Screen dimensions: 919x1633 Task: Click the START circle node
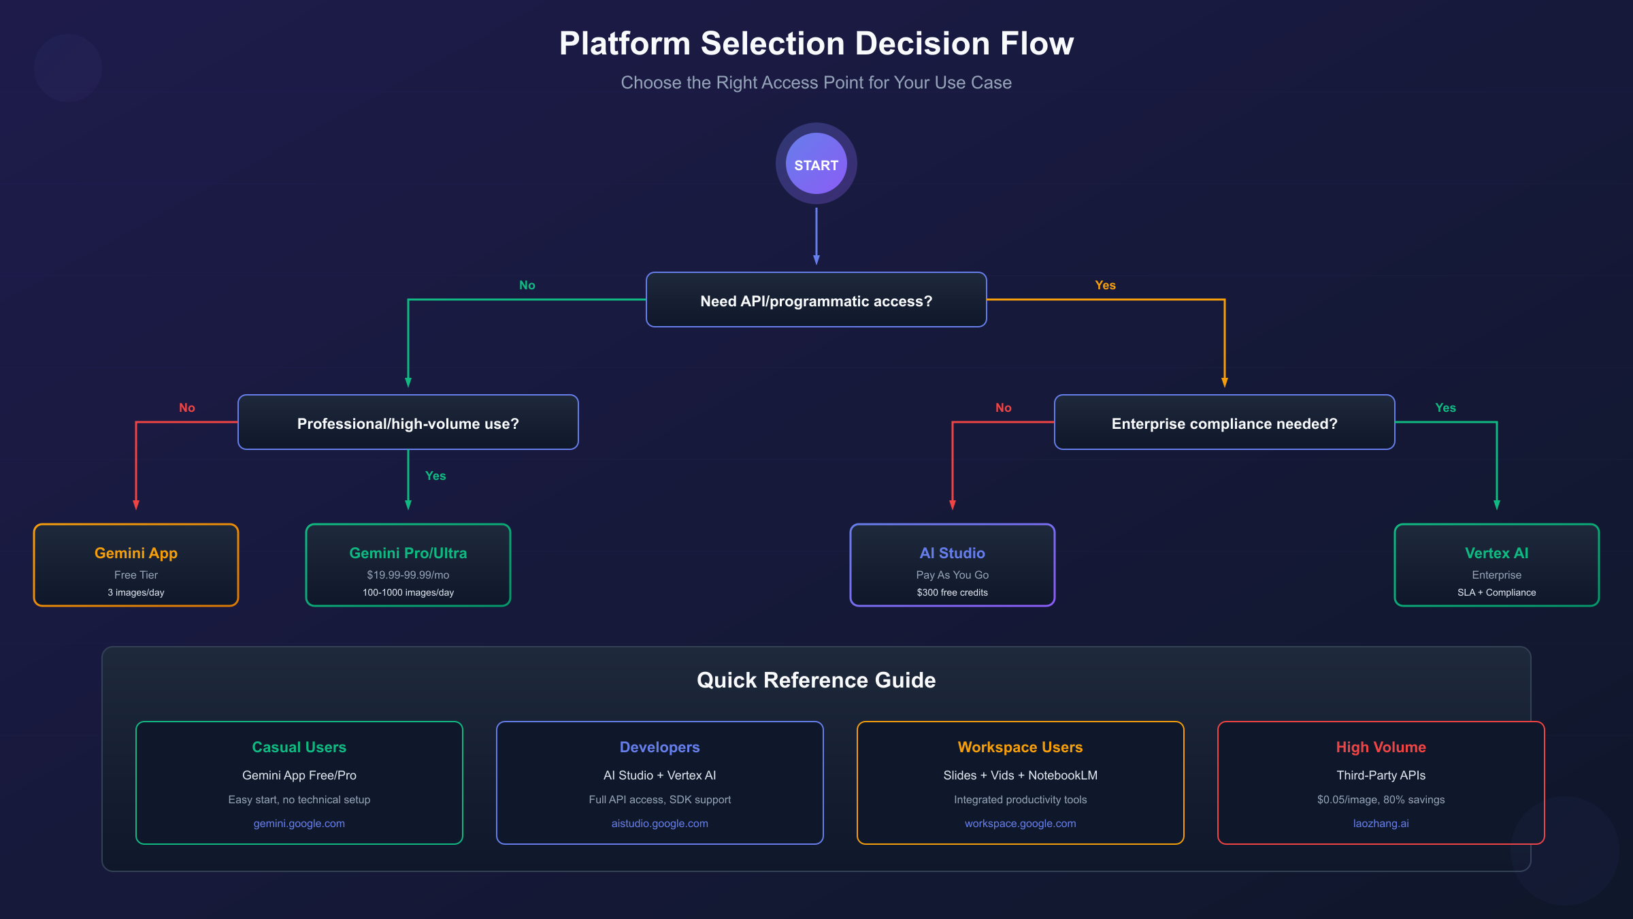816,164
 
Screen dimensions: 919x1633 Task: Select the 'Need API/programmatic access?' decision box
816,300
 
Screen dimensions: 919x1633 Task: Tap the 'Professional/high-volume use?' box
408,423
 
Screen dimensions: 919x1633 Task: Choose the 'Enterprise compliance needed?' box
1224,423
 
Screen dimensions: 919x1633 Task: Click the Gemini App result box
135,564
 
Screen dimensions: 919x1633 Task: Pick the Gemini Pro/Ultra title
408,553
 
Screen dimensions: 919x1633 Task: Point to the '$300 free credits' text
952,592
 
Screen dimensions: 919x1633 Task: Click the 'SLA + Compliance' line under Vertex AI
1496,592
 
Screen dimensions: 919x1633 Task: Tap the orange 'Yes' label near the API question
1105,285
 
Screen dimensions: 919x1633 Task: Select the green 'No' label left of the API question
527,285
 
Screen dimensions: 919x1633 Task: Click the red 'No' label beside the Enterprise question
1003,408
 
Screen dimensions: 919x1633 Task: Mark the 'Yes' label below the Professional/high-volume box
435,476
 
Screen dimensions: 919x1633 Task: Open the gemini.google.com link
299,823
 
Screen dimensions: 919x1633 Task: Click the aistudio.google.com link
659,823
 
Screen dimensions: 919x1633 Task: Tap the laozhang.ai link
1381,823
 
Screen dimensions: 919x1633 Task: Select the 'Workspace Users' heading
1020,747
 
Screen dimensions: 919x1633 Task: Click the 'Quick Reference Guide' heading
816,680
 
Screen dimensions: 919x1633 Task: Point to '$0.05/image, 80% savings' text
1381,799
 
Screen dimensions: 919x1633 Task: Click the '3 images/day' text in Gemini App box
135,592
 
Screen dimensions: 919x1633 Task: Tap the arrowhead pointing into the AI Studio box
952,505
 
